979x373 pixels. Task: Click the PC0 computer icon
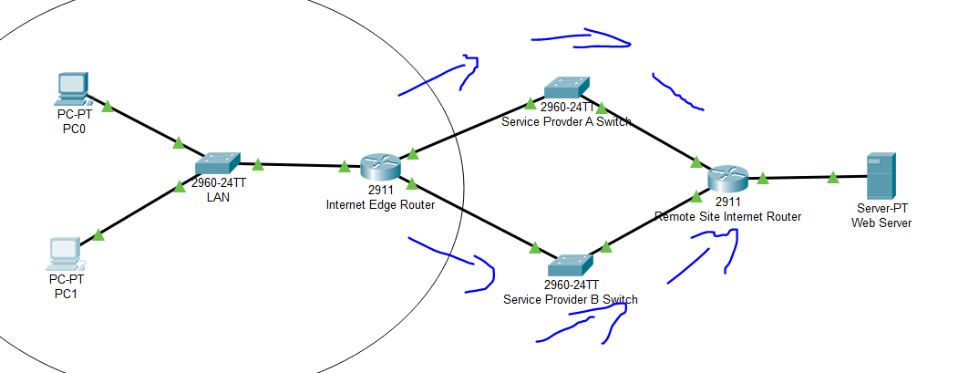click(71, 88)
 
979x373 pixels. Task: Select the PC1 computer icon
click(65, 254)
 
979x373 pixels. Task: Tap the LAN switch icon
click(217, 163)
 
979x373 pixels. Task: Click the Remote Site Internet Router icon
click(728, 180)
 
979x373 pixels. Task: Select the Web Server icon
click(881, 176)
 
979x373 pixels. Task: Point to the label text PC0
click(72, 129)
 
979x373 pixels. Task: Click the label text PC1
click(67, 294)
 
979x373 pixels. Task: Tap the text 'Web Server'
click(881, 223)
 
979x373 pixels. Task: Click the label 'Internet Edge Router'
click(380, 204)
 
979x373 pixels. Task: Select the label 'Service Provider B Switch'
click(571, 299)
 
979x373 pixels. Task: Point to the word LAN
click(217, 198)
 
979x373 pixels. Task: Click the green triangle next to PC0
click(108, 106)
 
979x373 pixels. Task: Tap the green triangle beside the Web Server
click(833, 178)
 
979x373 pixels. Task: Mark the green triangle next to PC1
click(98, 235)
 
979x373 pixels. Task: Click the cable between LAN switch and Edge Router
click(300, 165)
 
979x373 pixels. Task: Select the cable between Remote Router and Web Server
click(808, 178)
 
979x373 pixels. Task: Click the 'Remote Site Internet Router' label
click(728, 217)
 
